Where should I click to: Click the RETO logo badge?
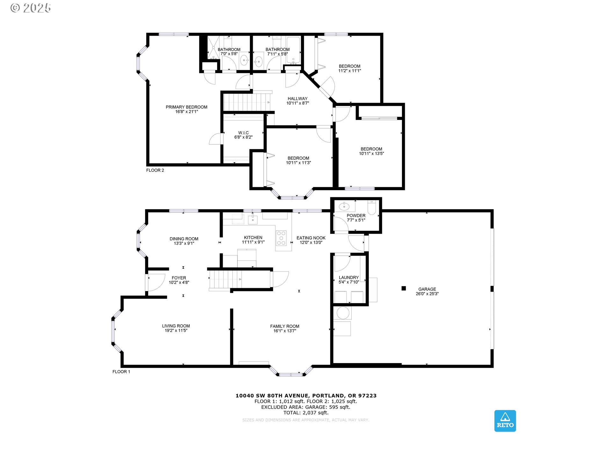[505, 421]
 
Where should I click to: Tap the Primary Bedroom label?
[186, 107]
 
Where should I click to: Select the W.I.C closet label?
[244, 133]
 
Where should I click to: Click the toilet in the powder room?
[372, 207]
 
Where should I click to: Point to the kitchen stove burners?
[281, 238]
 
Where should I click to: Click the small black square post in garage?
[404, 288]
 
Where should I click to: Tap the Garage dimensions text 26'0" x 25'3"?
[427, 294]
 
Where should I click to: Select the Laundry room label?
[349, 278]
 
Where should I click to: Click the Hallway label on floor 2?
[298, 98]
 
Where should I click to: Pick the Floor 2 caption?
[155, 170]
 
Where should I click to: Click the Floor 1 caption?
[121, 372]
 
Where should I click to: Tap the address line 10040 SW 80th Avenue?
[306, 396]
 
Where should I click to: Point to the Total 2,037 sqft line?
[306, 413]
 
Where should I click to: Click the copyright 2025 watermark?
[31, 8]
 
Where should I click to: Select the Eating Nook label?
[311, 238]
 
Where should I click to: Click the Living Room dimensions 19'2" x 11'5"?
[176, 331]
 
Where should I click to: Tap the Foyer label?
[179, 278]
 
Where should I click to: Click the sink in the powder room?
[344, 207]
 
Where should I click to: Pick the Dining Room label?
[184, 239]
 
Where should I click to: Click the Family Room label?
[285, 326]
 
